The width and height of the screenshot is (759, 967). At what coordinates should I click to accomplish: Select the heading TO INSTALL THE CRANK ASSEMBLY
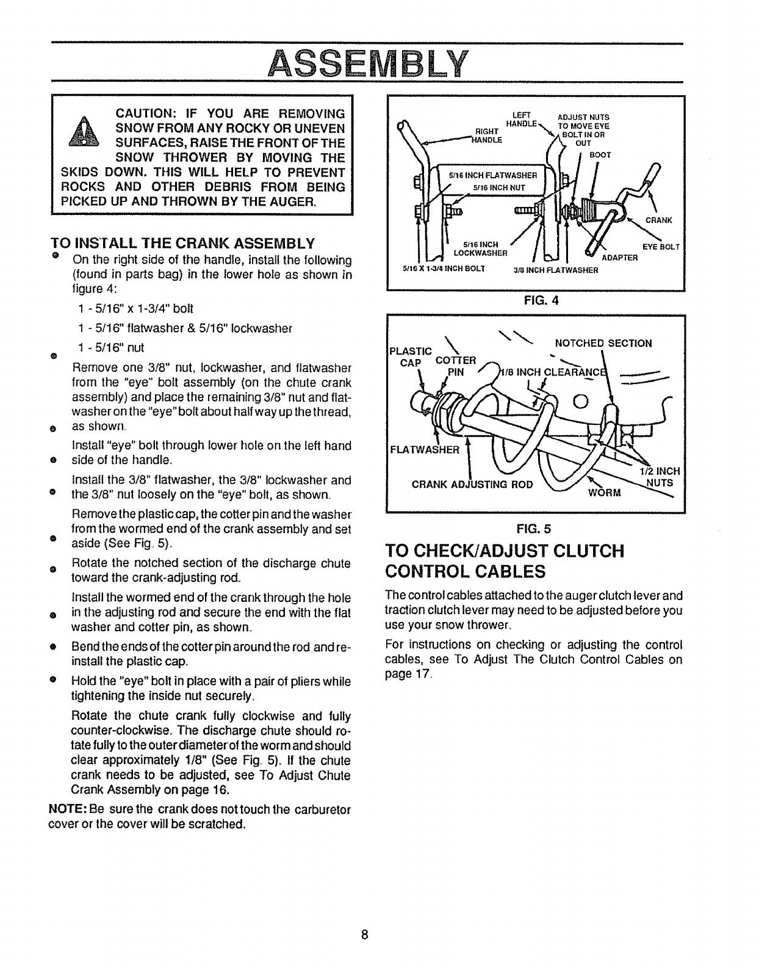(188, 244)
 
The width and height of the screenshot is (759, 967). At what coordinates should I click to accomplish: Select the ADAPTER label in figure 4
(619, 258)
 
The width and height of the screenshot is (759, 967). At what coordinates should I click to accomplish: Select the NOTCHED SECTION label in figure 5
(602, 343)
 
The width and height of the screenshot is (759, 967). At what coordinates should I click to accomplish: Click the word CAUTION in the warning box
(146, 114)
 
